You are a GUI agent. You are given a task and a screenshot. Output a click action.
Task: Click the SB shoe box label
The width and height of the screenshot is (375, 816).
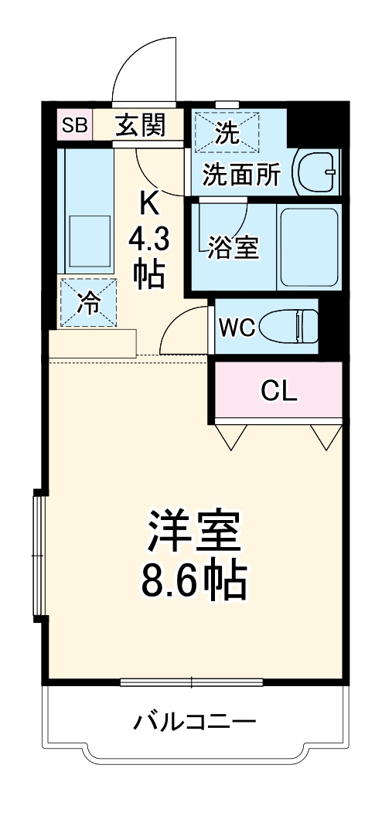click(x=75, y=126)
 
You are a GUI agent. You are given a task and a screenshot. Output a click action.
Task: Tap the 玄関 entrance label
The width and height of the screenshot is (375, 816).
click(x=141, y=126)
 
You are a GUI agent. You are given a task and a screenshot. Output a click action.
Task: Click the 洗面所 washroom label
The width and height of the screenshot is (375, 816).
click(x=241, y=175)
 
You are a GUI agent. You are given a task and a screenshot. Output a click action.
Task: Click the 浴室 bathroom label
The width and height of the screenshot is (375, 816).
click(x=232, y=249)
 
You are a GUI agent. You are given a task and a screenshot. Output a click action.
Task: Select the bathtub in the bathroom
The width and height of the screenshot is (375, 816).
click(x=308, y=247)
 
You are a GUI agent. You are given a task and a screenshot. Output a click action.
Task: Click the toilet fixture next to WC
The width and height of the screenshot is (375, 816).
click(x=290, y=326)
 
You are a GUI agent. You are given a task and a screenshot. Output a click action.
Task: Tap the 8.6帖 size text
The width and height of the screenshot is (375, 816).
click(x=193, y=580)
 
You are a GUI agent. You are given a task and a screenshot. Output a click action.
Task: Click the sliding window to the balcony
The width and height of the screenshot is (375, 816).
click(x=193, y=682)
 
